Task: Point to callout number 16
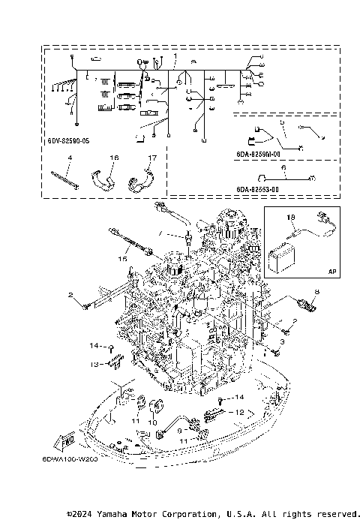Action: (x=115, y=158)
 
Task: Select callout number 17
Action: (x=152, y=158)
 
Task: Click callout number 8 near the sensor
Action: (x=316, y=290)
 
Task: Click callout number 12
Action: (x=240, y=412)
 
